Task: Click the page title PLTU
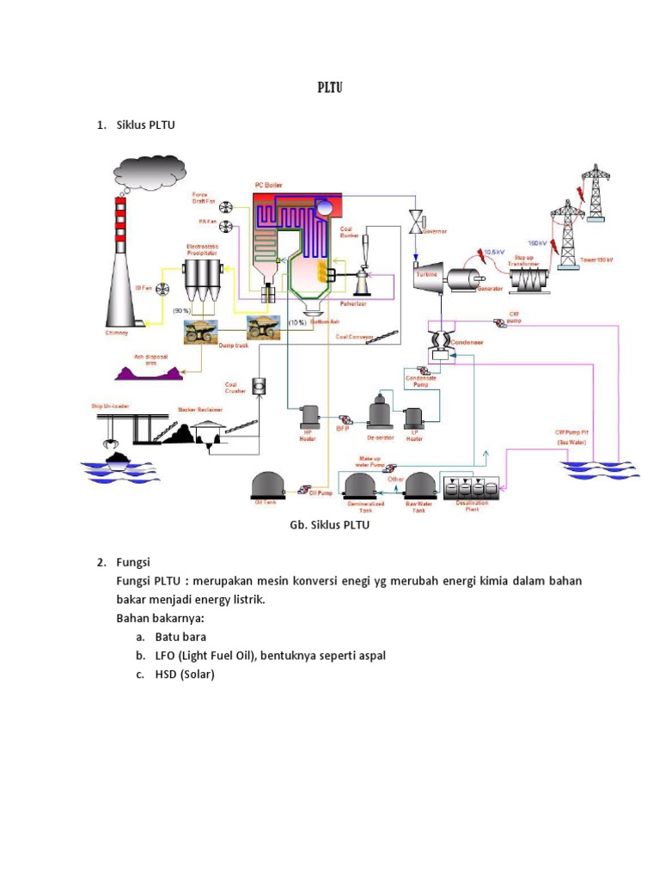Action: pyautogui.click(x=330, y=88)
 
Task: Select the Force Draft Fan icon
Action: pyautogui.click(x=226, y=207)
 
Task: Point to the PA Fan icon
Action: pyautogui.click(x=226, y=226)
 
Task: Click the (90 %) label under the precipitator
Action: pyautogui.click(x=182, y=309)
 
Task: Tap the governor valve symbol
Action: pyautogui.click(x=417, y=220)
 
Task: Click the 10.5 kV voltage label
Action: pyautogui.click(x=494, y=252)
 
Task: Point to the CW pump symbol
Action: pyautogui.click(x=499, y=322)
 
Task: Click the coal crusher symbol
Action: pyautogui.click(x=258, y=388)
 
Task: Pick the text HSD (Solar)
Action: pyautogui.click(x=184, y=674)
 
